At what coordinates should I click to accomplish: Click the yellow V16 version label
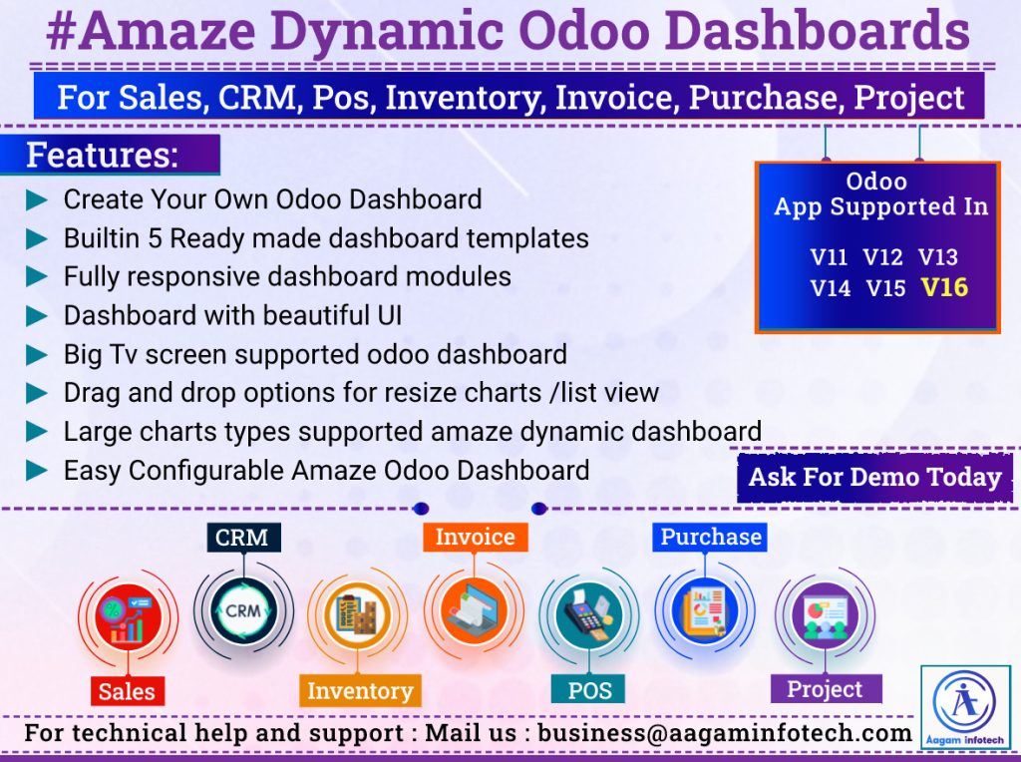944,287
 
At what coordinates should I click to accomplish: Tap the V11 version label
829,257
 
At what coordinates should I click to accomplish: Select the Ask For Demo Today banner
874,478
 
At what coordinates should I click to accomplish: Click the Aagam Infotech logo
965,707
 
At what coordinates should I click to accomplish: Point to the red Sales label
127,691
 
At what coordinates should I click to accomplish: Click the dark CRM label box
243,538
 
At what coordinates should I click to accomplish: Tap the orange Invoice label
476,537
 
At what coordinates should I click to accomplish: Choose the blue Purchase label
710,537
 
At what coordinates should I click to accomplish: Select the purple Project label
826,688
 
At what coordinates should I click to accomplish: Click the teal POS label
588,689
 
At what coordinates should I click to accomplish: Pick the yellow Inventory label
359,690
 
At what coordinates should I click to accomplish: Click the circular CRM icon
243,611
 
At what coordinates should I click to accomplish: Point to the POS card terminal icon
589,614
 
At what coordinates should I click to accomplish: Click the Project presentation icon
825,614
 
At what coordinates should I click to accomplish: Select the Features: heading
103,155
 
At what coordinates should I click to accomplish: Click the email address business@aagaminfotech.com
724,733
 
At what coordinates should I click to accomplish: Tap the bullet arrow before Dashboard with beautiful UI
37,316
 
